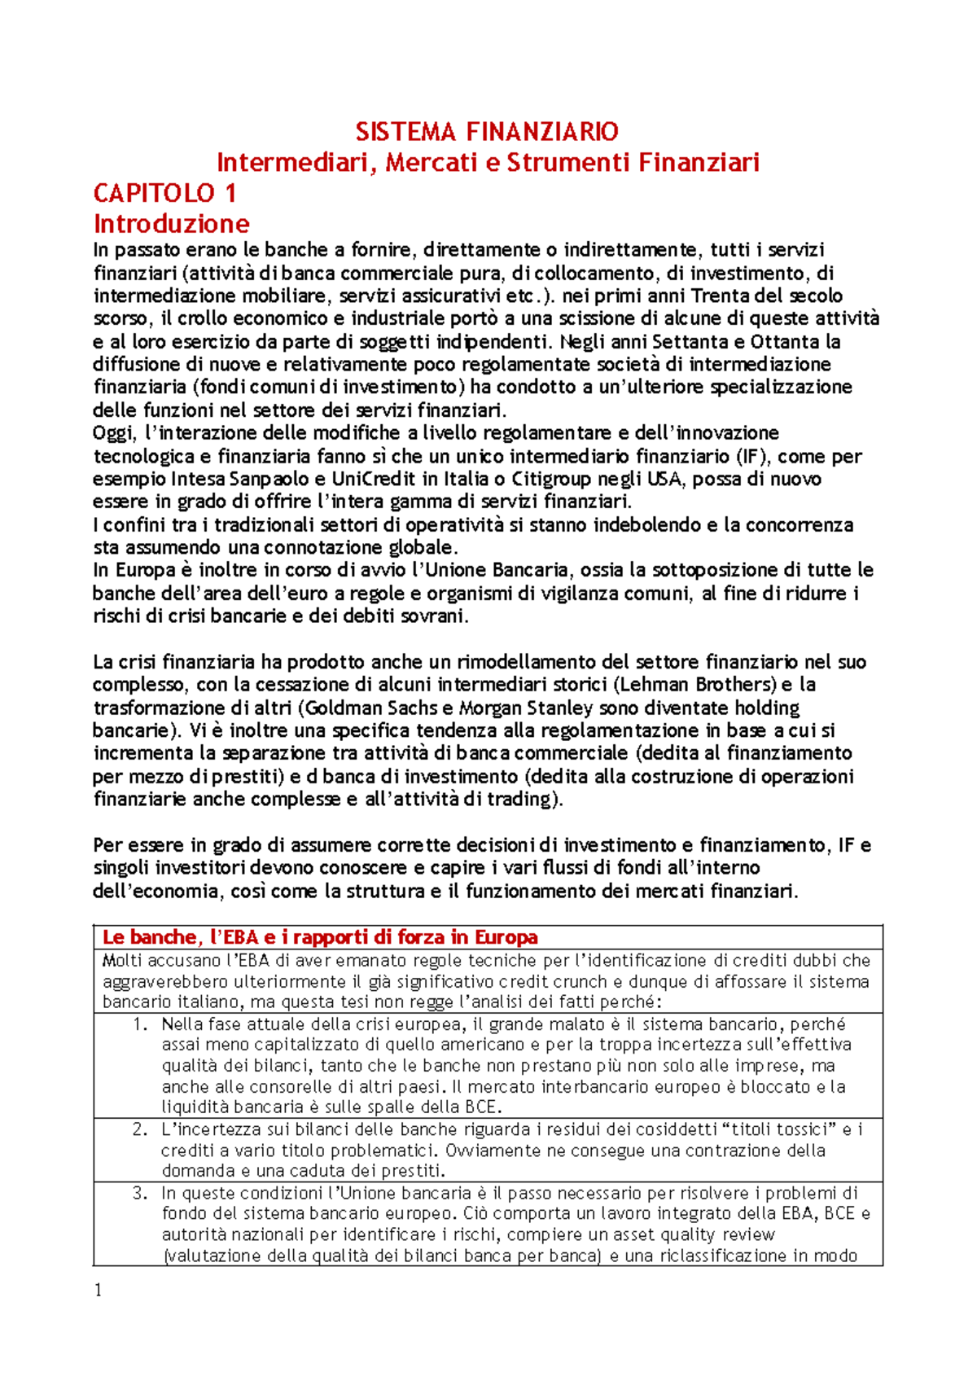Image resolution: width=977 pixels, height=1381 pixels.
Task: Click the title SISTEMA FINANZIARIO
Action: click(x=487, y=131)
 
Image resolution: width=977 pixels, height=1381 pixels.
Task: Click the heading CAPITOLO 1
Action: click(x=164, y=193)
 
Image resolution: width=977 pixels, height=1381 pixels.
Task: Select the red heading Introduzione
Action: click(x=171, y=223)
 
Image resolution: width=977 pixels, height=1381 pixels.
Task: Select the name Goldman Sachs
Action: click(x=370, y=707)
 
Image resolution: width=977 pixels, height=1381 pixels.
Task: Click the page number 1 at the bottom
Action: click(x=99, y=1290)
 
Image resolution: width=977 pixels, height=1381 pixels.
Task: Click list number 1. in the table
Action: click(x=141, y=1024)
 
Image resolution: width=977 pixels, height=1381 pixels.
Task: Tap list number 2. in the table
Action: click(x=141, y=1129)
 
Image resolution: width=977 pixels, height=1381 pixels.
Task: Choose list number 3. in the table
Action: click(x=141, y=1193)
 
